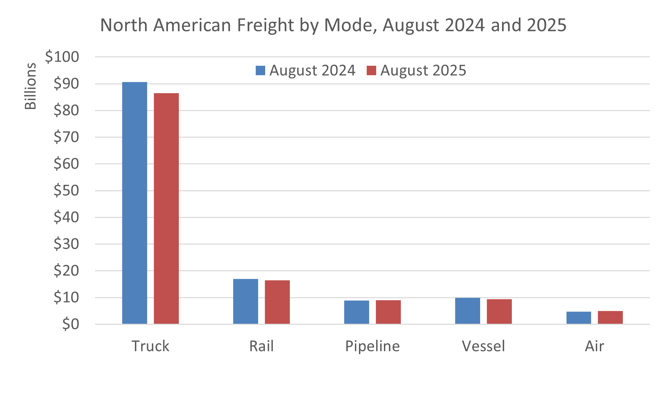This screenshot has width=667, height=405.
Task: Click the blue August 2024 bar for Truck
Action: tap(134, 203)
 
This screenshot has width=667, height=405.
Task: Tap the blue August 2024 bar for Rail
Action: tap(245, 301)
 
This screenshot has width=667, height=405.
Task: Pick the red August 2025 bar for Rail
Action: tap(277, 302)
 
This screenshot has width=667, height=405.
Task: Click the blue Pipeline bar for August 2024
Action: tap(356, 312)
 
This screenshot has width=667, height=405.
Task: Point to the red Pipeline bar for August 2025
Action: tap(388, 312)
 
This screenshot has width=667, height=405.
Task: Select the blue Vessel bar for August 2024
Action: tap(467, 311)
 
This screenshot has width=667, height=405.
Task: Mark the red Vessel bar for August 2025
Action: tap(499, 311)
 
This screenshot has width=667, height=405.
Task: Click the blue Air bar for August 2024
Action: tap(578, 318)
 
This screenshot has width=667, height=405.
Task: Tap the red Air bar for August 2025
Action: tap(610, 317)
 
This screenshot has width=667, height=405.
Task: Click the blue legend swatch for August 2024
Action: tap(260, 70)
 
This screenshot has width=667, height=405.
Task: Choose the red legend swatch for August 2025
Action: tap(371, 70)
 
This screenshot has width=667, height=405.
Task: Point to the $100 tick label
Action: tap(62, 57)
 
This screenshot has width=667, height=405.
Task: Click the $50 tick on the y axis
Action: tap(66, 191)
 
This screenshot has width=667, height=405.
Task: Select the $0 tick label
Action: tap(71, 324)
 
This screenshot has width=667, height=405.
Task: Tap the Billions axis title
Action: tap(30, 86)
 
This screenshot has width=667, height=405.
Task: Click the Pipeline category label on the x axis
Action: tap(372, 346)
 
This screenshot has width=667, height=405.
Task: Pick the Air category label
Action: tap(594, 346)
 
